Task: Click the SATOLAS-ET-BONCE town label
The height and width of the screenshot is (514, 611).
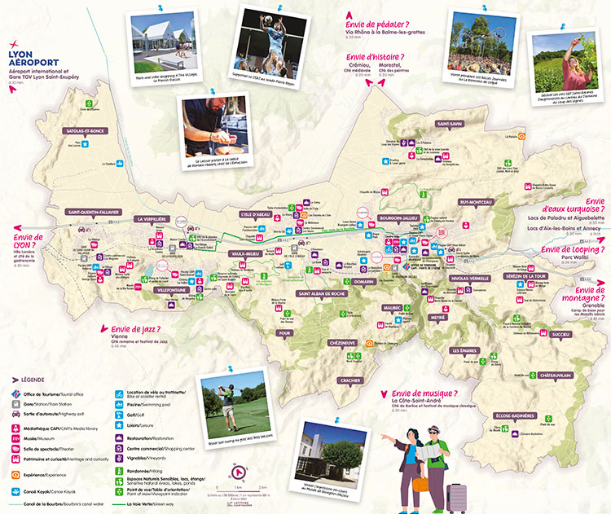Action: point(86,130)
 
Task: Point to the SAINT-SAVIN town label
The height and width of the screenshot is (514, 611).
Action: point(449,124)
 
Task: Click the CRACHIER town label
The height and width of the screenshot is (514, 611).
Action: point(351,380)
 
